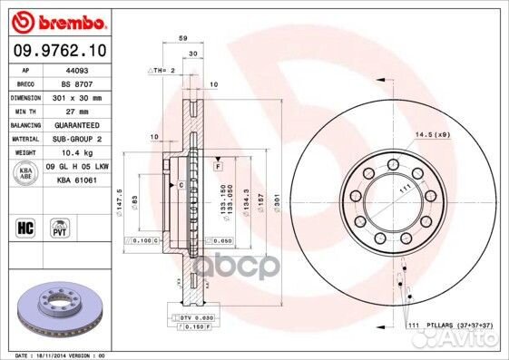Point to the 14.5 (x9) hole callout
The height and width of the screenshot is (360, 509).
(431, 135)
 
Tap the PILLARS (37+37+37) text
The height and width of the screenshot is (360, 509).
(452, 326)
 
